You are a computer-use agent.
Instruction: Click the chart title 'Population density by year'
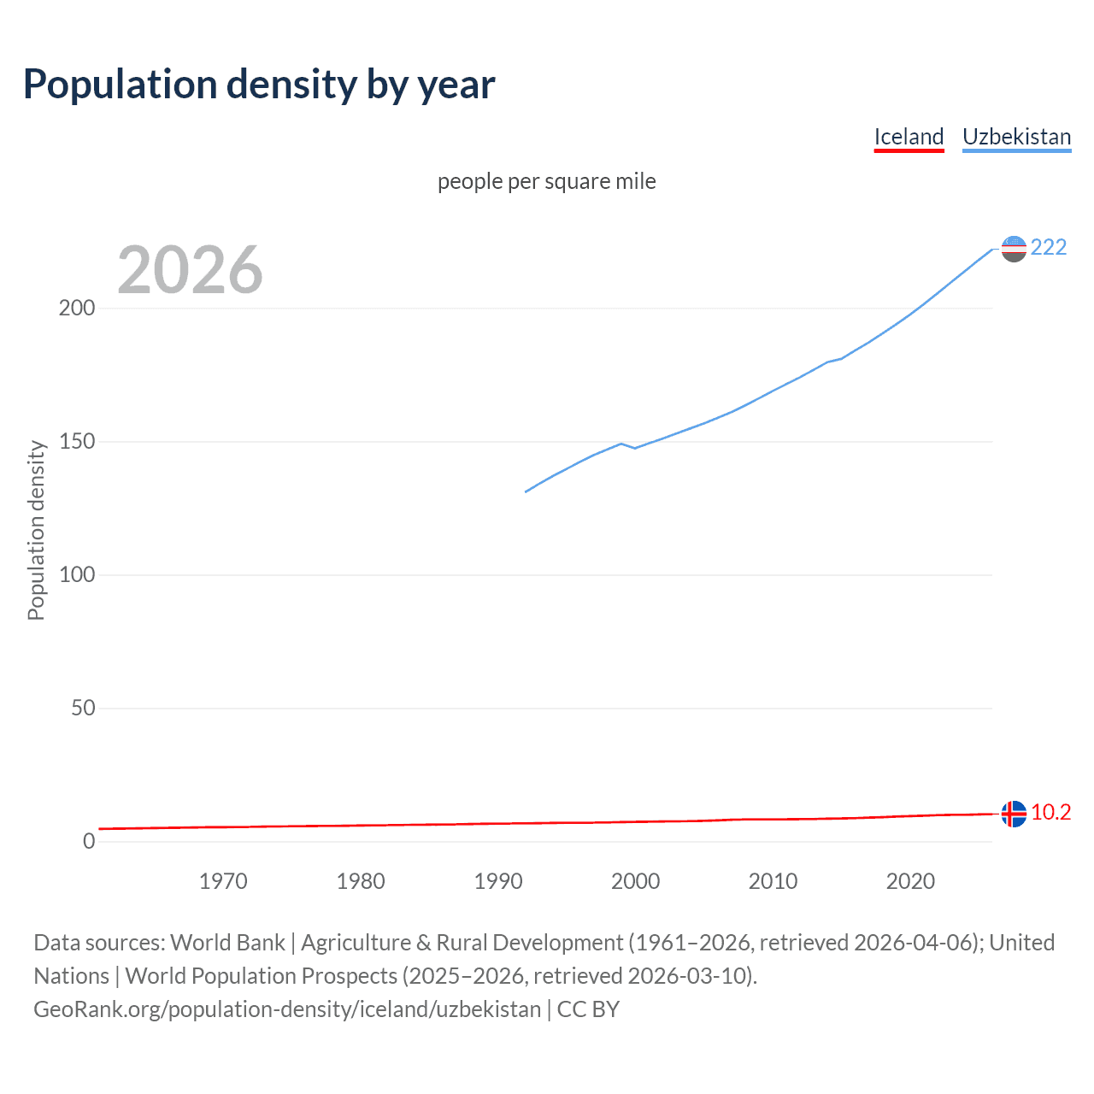click(259, 85)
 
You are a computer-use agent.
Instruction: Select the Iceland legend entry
click(909, 137)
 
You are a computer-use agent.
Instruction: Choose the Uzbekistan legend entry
click(1016, 137)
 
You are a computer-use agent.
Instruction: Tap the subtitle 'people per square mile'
click(547, 181)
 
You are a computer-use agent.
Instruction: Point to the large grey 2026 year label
click(190, 270)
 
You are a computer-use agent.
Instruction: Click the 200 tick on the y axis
click(77, 309)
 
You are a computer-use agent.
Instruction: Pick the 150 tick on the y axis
click(77, 442)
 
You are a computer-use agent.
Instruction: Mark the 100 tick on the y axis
click(77, 575)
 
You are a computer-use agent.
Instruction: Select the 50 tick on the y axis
click(83, 709)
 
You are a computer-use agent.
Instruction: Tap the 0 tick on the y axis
click(89, 842)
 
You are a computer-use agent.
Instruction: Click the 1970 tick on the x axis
click(223, 881)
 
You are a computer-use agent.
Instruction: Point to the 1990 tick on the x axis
click(498, 881)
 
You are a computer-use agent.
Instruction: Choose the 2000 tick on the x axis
click(635, 881)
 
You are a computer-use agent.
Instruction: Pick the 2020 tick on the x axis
click(910, 881)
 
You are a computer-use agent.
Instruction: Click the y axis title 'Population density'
click(36, 530)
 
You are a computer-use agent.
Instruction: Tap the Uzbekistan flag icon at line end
click(1014, 249)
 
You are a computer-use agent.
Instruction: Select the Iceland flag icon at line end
click(1014, 814)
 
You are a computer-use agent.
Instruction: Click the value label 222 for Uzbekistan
click(1049, 248)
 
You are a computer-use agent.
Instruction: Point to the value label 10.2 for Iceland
click(1050, 813)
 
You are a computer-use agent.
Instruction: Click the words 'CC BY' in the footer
click(588, 1009)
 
